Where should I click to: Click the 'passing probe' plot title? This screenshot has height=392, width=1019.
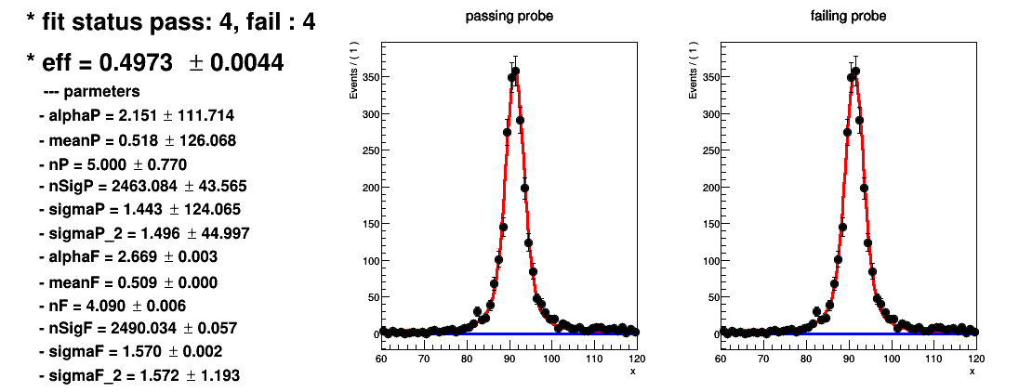point(509,16)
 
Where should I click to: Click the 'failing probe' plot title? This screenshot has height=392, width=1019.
point(848,16)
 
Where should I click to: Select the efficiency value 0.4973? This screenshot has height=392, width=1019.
point(136,63)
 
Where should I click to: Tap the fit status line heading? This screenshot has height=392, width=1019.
point(171,22)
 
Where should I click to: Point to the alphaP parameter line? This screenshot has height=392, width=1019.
point(137,116)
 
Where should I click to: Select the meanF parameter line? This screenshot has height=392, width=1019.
point(128,282)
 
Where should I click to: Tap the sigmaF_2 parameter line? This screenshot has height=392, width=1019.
point(139,375)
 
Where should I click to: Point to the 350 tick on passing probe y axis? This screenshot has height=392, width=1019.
point(368,76)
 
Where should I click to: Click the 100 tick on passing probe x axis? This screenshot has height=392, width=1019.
point(551,359)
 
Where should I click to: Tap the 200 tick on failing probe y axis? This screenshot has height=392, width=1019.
point(708,187)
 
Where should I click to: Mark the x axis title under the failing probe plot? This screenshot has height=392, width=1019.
point(973,372)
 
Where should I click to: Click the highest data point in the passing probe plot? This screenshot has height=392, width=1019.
point(516,71)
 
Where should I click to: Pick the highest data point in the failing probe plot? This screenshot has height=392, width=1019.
point(855,71)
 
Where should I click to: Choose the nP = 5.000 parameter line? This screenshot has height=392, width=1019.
point(113,163)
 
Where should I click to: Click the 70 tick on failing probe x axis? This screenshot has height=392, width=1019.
point(763,359)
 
